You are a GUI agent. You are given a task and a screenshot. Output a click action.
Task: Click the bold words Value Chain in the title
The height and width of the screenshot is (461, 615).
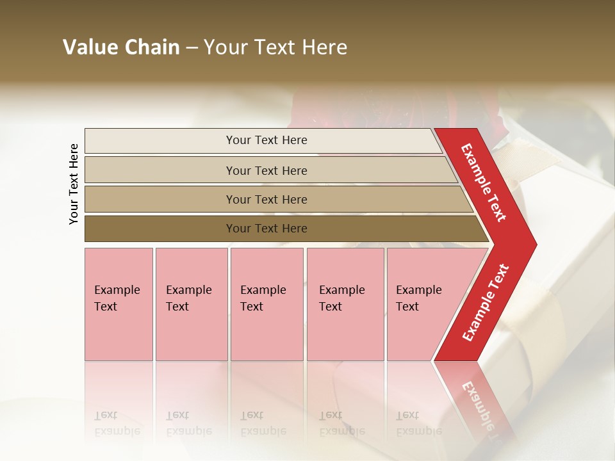tap(121, 47)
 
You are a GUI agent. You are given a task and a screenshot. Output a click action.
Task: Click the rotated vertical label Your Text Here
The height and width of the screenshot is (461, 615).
tap(74, 184)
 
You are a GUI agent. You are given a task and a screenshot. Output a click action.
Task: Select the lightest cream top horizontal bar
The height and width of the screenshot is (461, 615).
tap(160, 141)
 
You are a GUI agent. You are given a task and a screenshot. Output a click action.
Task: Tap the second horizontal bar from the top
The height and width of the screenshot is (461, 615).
tap(160, 170)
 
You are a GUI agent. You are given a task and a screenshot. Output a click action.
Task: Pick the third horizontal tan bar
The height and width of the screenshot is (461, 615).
tap(160, 199)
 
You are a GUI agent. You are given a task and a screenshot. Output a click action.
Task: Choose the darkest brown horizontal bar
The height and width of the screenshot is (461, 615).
tap(160, 229)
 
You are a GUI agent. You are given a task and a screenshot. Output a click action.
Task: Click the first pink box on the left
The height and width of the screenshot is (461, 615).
tap(119, 333)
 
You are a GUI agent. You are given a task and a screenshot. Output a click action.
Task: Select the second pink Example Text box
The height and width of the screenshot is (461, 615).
tap(192, 333)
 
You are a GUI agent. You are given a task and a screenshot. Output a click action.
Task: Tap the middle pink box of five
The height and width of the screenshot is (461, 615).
tap(266, 333)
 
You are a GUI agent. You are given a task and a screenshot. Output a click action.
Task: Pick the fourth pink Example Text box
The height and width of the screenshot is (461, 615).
tap(345, 333)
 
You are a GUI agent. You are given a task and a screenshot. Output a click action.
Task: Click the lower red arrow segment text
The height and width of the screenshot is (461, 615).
tap(486, 303)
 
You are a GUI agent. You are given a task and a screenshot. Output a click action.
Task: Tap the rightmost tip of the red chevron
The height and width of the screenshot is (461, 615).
tap(534, 244)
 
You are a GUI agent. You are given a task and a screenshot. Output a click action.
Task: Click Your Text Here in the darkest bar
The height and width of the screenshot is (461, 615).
tap(266, 229)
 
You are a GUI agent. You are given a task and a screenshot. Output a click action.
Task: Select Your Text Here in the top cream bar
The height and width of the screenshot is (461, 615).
tap(266, 140)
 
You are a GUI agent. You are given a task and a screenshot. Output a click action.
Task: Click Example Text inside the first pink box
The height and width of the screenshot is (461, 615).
tap(117, 298)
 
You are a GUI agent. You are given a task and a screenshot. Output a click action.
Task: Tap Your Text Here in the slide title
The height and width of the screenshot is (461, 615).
tap(275, 47)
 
